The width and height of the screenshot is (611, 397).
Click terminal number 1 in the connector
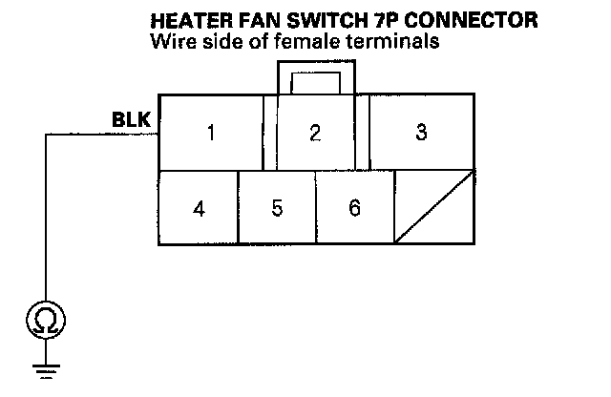[210, 132]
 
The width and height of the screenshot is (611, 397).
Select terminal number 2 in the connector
[315, 132]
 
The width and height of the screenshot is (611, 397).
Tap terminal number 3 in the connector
[421, 132]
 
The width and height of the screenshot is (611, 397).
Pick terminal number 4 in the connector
[198, 207]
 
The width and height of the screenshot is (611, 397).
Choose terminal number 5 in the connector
[277, 207]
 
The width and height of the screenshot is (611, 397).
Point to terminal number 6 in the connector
[355, 207]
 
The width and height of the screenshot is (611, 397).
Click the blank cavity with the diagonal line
[434, 207]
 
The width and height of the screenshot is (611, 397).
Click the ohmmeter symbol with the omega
[44, 321]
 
